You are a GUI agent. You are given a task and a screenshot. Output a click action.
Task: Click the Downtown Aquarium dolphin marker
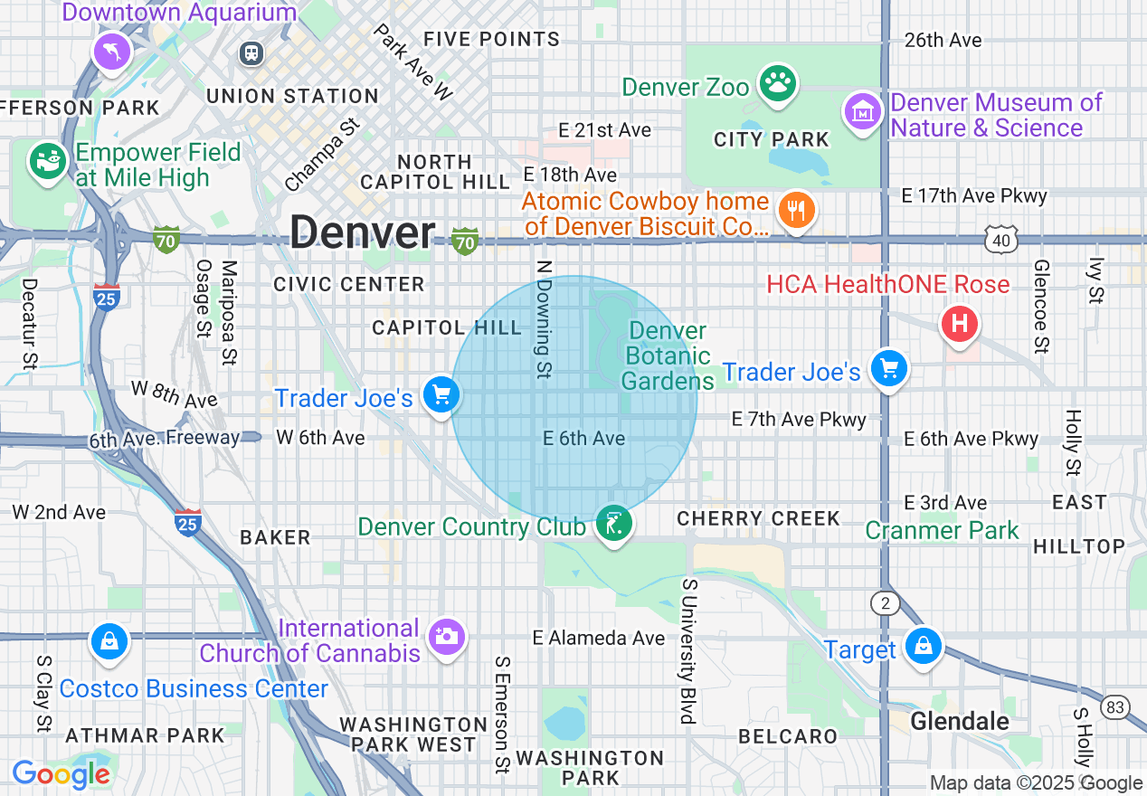pyautogui.click(x=112, y=52)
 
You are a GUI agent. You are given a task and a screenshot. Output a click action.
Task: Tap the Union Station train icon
pyautogui.click(x=251, y=53)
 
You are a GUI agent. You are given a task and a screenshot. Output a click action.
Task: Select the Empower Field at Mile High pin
pyautogui.click(x=48, y=162)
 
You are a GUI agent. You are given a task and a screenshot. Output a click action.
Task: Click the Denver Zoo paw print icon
pyautogui.click(x=776, y=83)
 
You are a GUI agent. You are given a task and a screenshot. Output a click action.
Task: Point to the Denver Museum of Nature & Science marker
pyautogui.click(x=863, y=112)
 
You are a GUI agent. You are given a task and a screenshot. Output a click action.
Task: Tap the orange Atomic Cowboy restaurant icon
pyautogui.click(x=796, y=211)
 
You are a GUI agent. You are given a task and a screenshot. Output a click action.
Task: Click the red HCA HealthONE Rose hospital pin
pyautogui.click(x=960, y=323)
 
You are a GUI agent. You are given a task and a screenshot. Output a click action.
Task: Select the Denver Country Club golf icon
pyautogui.click(x=614, y=524)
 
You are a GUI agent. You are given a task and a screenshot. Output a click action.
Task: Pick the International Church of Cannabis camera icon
pyautogui.click(x=446, y=637)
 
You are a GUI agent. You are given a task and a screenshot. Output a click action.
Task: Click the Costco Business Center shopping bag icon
pyautogui.click(x=109, y=643)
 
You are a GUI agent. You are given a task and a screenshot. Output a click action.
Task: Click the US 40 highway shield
pyautogui.click(x=1002, y=240)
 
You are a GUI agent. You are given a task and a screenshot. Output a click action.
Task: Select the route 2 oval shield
pyautogui.click(x=884, y=602)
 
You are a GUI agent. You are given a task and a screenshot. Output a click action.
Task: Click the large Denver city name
pyautogui.click(x=363, y=233)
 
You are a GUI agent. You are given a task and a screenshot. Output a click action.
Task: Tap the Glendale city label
pyautogui.click(x=960, y=721)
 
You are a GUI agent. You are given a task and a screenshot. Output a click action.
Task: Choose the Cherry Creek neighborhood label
pyautogui.click(x=758, y=518)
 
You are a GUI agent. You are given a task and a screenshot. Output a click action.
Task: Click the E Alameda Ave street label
pyautogui.click(x=598, y=638)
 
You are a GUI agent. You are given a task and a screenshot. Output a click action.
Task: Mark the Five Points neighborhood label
pyautogui.click(x=491, y=39)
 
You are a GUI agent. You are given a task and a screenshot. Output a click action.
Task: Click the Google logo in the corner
pyautogui.click(x=61, y=775)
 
